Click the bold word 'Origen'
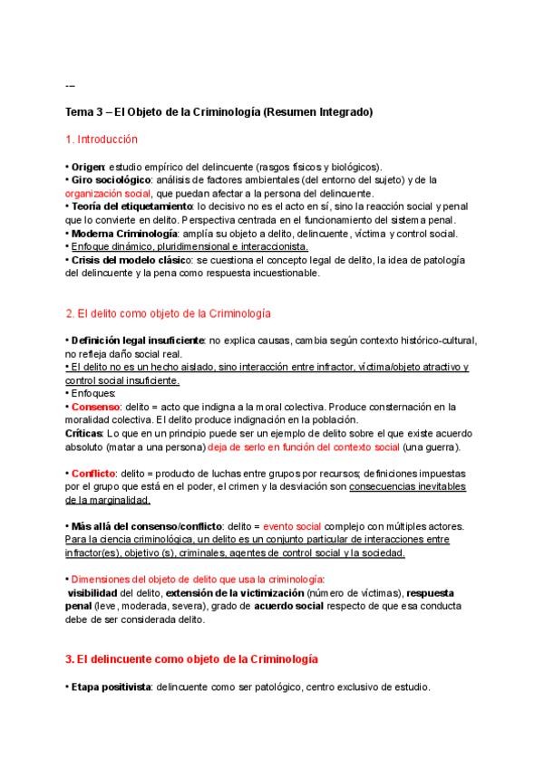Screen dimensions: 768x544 (x=88, y=168)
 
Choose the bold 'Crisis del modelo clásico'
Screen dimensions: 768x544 (x=126, y=259)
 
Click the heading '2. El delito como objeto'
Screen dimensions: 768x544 (x=169, y=312)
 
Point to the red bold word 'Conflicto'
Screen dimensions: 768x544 (x=94, y=473)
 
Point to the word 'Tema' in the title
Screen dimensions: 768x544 (x=79, y=112)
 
